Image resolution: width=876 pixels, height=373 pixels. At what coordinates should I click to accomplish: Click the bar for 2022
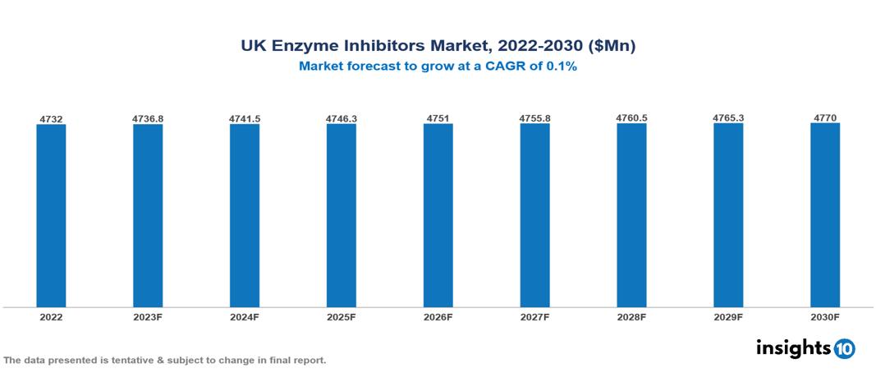pyautogui.click(x=51, y=215)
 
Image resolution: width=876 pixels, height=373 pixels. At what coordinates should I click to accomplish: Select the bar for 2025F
pyautogui.click(x=342, y=215)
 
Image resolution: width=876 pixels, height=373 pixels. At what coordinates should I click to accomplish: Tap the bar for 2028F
pyautogui.click(x=631, y=215)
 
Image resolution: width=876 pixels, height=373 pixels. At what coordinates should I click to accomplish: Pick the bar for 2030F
pyautogui.click(x=825, y=215)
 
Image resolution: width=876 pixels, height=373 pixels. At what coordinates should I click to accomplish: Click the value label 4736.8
pyautogui.click(x=148, y=119)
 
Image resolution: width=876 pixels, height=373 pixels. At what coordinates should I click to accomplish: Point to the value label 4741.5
pyautogui.click(x=245, y=119)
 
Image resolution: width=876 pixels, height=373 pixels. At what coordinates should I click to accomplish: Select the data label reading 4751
pyautogui.click(x=438, y=119)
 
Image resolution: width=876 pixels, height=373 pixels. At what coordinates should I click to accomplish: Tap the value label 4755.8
pyautogui.click(x=534, y=119)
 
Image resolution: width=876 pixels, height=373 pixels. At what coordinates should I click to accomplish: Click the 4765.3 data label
pyautogui.click(x=728, y=119)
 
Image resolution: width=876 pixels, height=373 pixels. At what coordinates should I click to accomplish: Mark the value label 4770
pyautogui.click(x=825, y=119)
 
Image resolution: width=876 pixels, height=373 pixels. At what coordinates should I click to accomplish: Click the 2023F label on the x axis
pyautogui.click(x=148, y=316)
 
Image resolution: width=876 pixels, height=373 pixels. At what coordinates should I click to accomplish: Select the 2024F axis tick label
pyautogui.click(x=245, y=316)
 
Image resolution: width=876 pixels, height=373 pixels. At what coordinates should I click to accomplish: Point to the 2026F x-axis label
pyautogui.click(x=438, y=316)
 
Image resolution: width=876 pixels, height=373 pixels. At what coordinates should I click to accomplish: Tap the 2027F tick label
pyautogui.click(x=534, y=316)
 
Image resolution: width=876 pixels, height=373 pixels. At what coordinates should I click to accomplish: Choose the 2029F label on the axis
pyautogui.click(x=728, y=316)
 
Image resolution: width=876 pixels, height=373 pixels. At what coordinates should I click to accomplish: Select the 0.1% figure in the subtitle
pyautogui.click(x=562, y=67)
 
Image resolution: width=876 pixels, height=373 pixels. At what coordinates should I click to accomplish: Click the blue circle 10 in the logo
pyautogui.click(x=845, y=348)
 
